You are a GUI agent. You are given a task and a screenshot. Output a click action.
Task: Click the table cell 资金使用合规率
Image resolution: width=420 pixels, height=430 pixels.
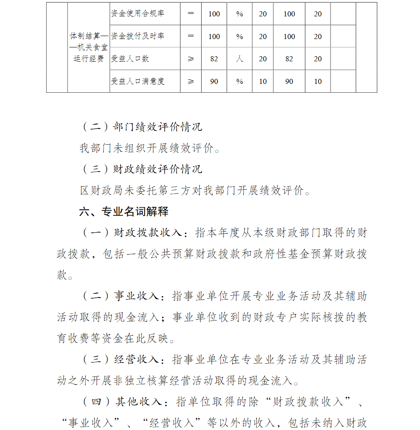(x=138, y=14)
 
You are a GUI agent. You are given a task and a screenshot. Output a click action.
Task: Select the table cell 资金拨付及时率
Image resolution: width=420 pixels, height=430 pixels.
(x=138, y=36)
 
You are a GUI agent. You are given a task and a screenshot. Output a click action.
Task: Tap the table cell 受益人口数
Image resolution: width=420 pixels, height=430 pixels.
(x=130, y=59)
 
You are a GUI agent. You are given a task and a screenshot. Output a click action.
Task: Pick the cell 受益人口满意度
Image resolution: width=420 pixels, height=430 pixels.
(x=138, y=81)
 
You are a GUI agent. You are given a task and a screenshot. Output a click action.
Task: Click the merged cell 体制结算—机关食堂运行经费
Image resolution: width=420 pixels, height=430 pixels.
(x=89, y=47)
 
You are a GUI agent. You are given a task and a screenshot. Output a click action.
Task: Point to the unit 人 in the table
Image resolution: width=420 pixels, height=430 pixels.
(x=239, y=59)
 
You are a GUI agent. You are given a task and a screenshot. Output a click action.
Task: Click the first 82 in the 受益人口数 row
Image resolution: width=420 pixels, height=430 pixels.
(x=214, y=59)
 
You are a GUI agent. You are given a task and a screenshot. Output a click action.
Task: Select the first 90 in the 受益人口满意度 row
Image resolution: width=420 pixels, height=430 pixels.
(x=214, y=81)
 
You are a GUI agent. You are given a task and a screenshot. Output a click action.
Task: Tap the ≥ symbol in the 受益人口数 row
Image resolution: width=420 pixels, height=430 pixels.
(x=191, y=59)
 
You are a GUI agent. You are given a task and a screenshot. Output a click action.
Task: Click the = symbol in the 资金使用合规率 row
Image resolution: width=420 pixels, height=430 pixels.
(x=191, y=14)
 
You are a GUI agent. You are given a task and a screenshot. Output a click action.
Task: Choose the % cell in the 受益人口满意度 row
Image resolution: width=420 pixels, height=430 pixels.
(x=239, y=81)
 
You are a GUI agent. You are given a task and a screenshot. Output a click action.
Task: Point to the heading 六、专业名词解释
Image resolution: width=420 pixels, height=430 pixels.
(x=124, y=211)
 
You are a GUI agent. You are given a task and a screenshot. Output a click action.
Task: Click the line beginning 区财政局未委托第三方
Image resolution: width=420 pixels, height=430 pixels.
(x=196, y=190)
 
